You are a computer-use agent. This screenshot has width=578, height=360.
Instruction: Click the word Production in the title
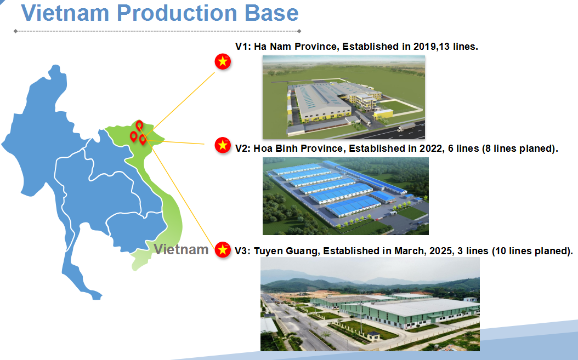[x=177, y=13]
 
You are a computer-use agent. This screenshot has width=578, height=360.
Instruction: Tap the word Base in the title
[x=271, y=13]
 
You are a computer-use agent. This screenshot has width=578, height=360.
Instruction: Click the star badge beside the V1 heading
[x=223, y=61]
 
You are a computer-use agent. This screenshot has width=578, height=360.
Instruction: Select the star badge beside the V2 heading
[x=223, y=145]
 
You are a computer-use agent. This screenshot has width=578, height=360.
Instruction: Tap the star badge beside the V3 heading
[x=223, y=250]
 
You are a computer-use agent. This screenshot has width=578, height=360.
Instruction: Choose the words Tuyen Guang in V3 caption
[x=286, y=251]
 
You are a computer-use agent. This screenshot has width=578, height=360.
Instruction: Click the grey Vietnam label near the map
[x=181, y=249]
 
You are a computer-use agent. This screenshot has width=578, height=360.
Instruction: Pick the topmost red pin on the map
[x=139, y=125]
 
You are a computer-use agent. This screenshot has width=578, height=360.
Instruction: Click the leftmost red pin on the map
[x=133, y=136]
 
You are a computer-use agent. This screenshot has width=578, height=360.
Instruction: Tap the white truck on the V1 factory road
[x=406, y=127]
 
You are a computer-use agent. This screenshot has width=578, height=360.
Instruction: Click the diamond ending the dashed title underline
[x=299, y=31]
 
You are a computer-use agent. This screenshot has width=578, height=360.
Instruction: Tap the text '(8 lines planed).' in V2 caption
[x=520, y=148]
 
